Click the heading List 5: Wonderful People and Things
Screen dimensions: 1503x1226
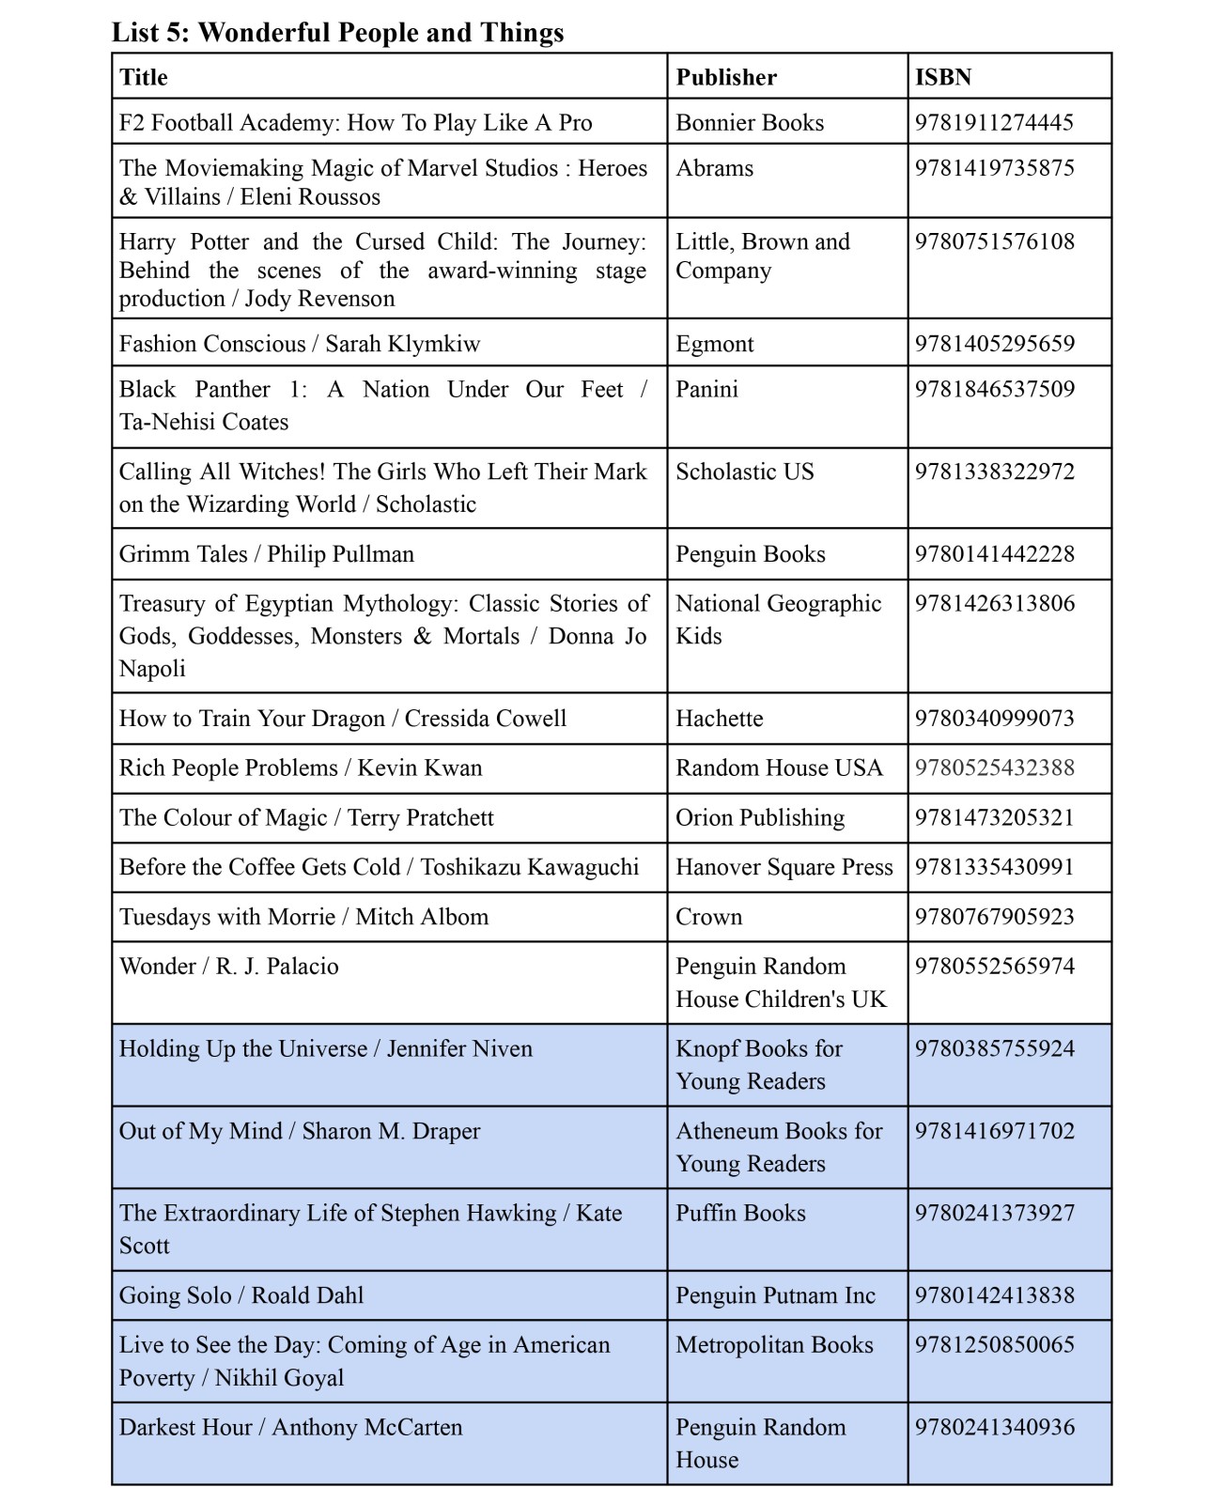click(x=338, y=33)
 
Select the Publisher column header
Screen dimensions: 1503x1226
click(x=726, y=77)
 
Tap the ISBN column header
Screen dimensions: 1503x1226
click(x=943, y=77)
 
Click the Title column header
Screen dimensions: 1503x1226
click(x=144, y=77)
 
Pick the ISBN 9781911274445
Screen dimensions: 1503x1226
click(x=994, y=123)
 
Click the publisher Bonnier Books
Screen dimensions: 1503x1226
click(x=750, y=123)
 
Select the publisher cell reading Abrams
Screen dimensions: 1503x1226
click(x=714, y=168)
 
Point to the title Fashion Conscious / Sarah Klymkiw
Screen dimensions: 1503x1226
click(x=300, y=344)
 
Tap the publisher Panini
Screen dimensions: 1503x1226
click(x=706, y=389)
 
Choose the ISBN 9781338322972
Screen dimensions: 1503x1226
click(x=994, y=472)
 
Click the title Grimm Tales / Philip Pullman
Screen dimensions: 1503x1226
click(x=267, y=554)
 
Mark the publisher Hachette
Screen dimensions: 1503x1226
click(x=719, y=719)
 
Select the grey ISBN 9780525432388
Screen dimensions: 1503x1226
click(x=994, y=768)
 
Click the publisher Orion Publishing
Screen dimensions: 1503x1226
click(x=760, y=818)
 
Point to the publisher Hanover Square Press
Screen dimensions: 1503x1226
click(x=784, y=867)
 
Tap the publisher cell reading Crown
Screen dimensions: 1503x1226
click(x=708, y=917)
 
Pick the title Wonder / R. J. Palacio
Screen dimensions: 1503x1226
click(x=229, y=967)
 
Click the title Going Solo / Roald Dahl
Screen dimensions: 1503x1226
click(x=241, y=1295)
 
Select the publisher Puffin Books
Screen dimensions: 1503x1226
click(x=740, y=1214)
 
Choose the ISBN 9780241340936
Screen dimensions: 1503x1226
click(x=994, y=1428)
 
